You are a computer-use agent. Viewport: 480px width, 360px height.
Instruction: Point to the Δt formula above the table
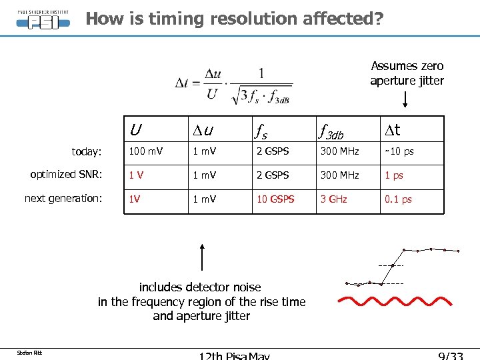pyautogui.click(x=233, y=85)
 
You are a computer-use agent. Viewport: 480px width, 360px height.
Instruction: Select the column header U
pyautogui.click(x=135, y=129)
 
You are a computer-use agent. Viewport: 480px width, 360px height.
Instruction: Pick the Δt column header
pyautogui.click(x=399, y=129)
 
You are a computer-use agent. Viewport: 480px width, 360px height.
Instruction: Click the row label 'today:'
pyautogui.click(x=87, y=152)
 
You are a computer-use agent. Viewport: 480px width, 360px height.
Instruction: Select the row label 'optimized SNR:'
pyautogui.click(x=66, y=175)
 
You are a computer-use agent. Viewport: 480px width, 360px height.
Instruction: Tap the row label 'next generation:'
pyautogui.click(x=63, y=199)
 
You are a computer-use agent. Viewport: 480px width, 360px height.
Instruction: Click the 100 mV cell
pyautogui.click(x=146, y=151)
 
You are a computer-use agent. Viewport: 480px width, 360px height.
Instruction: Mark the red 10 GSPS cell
pyautogui.click(x=275, y=199)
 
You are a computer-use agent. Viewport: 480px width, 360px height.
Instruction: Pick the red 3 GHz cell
pyautogui.click(x=334, y=199)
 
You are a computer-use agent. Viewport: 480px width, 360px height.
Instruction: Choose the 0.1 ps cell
pyautogui.click(x=398, y=199)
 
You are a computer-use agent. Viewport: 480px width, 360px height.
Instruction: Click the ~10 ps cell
pyautogui.click(x=399, y=151)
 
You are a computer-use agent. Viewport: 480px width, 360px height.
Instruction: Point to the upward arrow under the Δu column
pyautogui.click(x=202, y=257)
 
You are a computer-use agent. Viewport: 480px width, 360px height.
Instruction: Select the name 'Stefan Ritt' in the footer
pyautogui.click(x=30, y=352)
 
